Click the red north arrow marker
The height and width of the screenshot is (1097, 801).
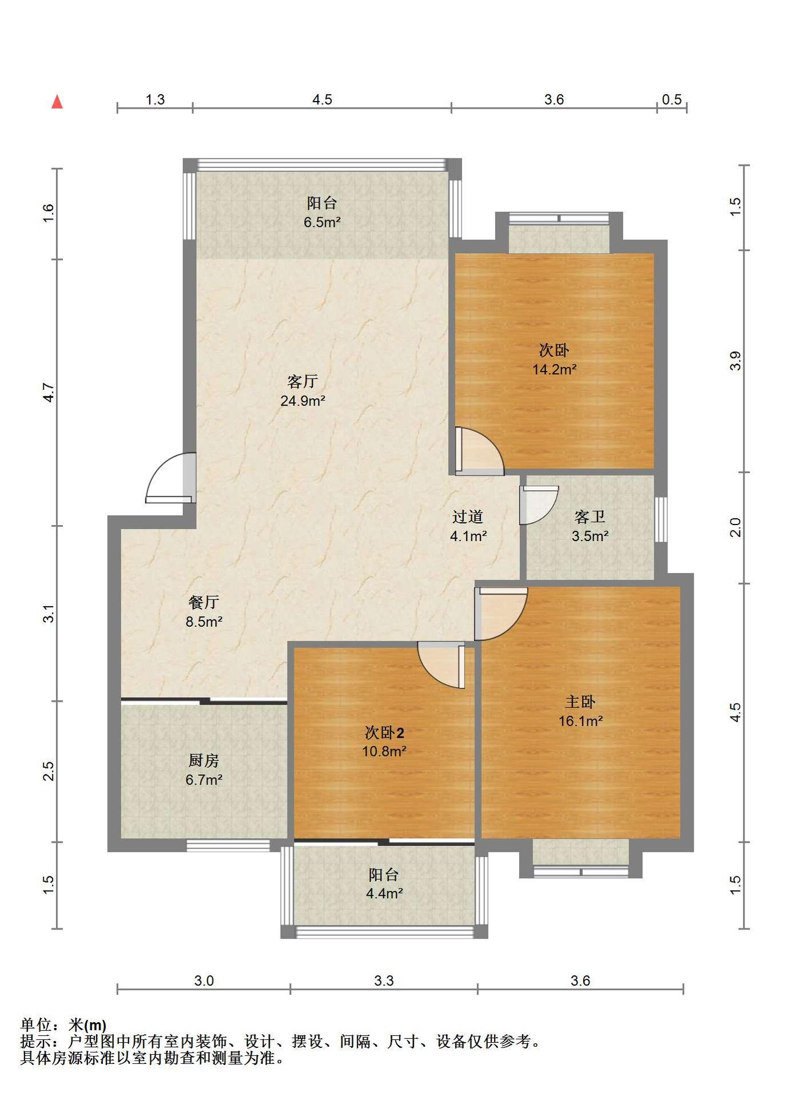57,102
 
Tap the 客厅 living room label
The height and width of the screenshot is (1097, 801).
302,381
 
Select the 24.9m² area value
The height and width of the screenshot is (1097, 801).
302,401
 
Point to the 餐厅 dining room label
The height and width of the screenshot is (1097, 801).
204,602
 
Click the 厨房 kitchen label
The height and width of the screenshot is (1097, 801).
204,760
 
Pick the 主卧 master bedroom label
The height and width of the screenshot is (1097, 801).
580,702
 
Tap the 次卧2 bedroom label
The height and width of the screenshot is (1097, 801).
384,732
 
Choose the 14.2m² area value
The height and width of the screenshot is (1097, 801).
554,369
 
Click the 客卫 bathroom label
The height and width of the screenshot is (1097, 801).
589,517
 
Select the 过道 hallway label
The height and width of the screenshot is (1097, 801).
468,517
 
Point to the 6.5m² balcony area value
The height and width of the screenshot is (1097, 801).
322,222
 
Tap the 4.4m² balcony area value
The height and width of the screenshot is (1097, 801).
384,893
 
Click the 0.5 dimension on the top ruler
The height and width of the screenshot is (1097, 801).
672,99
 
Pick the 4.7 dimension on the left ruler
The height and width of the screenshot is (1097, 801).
49,392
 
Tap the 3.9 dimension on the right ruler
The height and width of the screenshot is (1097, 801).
735,361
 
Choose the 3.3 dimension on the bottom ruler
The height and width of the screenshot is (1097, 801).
384,981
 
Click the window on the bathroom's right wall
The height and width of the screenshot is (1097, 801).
660,519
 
